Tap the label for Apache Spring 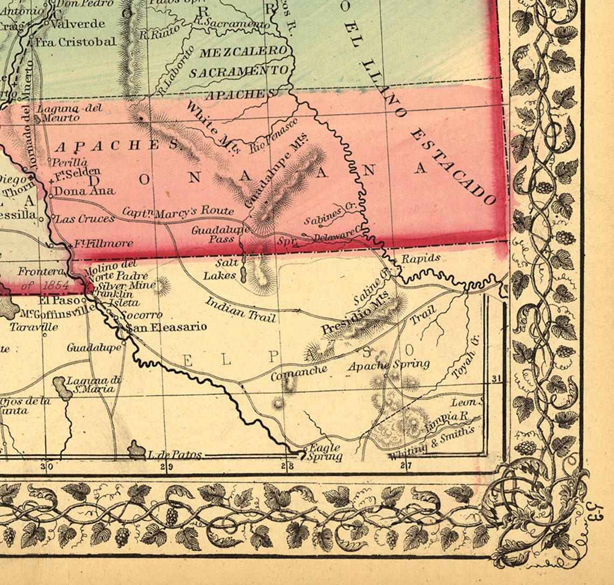(x=389, y=365)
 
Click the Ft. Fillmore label (x=103, y=243)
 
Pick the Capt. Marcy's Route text (x=178, y=212)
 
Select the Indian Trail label (x=241, y=309)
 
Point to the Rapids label (x=421, y=259)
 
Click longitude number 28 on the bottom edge (x=289, y=466)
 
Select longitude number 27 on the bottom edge (x=407, y=466)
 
